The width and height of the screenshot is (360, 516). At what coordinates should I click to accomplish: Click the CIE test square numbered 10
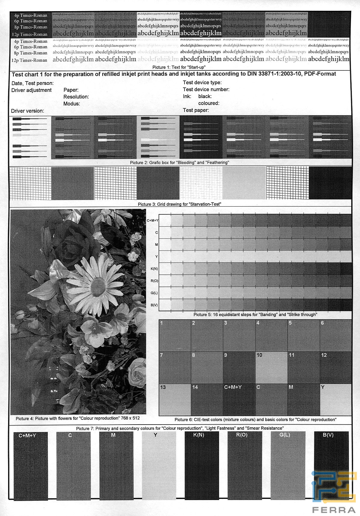point(271,367)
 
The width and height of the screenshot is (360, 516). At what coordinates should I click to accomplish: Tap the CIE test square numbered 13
point(175,400)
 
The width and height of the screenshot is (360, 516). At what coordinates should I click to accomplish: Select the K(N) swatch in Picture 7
point(202,466)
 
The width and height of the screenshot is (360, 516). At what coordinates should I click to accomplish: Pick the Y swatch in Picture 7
point(159,466)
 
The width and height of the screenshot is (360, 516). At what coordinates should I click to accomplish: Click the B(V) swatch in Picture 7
point(331,466)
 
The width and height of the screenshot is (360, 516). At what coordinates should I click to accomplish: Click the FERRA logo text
point(334,510)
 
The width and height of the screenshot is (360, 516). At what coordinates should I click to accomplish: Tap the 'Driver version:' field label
point(28,111)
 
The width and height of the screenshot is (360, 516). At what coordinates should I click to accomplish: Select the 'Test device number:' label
point(206,89)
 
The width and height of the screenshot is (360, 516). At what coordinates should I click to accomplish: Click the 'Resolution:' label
point(76,97)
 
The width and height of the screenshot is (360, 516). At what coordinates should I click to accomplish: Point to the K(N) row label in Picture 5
point(154,269)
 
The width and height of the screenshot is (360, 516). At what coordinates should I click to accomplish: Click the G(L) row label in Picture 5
point(154,293)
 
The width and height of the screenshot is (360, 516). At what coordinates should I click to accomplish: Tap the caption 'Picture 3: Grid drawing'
point(179,204)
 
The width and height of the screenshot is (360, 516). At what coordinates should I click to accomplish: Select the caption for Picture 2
point(179,163)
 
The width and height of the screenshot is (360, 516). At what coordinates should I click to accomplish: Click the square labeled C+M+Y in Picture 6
point(239,400)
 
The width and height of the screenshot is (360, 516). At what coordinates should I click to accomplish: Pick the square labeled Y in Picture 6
point(336,400)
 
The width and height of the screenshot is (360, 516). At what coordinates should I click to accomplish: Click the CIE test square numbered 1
point(175,335)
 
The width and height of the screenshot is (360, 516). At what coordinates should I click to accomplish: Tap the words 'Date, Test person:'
point(32,83)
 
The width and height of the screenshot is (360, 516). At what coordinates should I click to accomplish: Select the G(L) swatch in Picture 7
point(288,466)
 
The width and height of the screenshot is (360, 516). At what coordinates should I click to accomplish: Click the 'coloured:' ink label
point(209,103)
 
